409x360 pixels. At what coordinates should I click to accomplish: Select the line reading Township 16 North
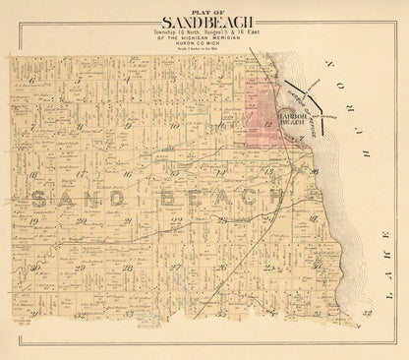[x=175, y=31]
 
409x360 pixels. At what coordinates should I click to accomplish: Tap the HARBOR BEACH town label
[x=296, y=121]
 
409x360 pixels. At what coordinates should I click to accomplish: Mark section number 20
[x=77, y=222]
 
